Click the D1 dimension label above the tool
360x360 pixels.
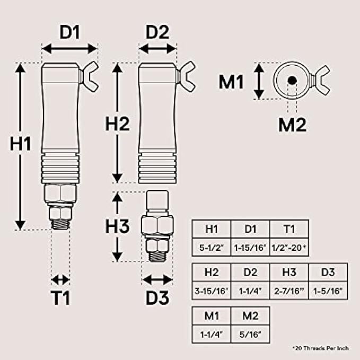pos(69,32)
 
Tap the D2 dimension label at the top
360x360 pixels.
pos(157,32)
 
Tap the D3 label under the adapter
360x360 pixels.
pos(157,299)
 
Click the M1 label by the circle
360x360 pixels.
pos(232,82)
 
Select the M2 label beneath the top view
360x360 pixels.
pos(292,125)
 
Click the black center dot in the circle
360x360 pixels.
pos(291,81)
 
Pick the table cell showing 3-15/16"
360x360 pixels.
pos(211,290)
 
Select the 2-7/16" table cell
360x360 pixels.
pos(289,290)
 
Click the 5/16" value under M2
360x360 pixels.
pos(250,334)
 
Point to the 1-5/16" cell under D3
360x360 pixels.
pos(328,290)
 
